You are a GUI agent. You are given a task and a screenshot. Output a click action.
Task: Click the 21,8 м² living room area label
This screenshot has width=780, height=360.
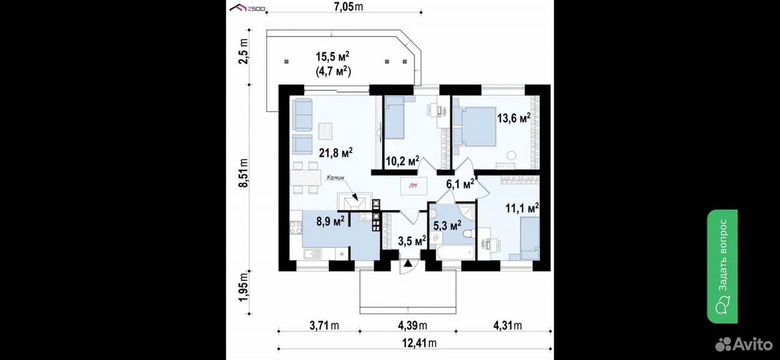(336, 152)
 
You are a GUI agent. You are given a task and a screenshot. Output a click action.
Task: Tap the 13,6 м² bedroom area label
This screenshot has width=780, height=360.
(514, 118)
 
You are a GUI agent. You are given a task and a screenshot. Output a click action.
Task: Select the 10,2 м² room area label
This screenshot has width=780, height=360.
(402, 161)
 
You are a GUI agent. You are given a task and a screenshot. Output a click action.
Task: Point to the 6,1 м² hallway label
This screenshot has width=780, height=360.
(460, 184)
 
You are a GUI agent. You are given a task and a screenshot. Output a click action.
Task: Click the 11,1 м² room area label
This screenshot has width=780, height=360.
(522, 208)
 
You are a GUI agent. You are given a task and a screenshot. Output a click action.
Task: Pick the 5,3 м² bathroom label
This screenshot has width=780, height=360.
(447, 225)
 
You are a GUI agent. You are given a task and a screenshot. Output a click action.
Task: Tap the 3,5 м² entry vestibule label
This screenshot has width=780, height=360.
(412, 241)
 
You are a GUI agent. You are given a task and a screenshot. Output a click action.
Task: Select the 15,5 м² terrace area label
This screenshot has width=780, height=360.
(333, 57)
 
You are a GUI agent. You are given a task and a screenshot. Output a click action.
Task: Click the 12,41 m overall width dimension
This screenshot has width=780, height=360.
(419, 344)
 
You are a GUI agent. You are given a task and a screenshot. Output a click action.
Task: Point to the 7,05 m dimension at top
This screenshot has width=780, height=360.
(348, 7)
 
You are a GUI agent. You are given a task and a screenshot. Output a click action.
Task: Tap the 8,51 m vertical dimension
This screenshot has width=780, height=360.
(243, 173)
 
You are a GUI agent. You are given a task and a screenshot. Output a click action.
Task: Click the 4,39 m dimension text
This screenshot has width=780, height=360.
(413, 326)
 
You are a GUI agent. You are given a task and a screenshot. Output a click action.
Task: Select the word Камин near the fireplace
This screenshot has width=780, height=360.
(335, 177)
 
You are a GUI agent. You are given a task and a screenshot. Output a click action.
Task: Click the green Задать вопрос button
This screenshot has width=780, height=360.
(722, 266)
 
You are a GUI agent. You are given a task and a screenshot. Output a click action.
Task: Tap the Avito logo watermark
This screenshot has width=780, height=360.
(744, 344)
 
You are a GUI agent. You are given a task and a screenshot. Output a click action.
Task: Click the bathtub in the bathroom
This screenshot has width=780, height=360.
(455, 252)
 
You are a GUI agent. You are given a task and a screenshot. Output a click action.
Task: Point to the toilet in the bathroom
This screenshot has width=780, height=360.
(469, 233)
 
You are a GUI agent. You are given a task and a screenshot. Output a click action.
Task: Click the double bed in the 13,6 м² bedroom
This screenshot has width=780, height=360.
(474, 126)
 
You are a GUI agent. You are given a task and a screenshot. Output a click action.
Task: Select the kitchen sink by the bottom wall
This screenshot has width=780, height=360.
(69, 254)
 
